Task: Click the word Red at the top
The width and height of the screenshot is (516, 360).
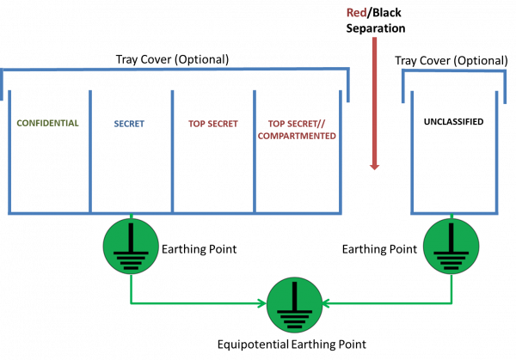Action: click(x=356, y=13)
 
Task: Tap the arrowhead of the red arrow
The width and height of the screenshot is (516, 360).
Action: click(x=374, y=167)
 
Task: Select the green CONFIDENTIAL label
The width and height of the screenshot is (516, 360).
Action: click(x=47, y=123)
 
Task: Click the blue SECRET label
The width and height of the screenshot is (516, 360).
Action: click(x=129, y=124)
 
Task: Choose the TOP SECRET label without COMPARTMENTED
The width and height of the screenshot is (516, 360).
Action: click(x=212, y=124)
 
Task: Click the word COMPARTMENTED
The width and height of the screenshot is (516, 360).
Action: click(x=297, y=136)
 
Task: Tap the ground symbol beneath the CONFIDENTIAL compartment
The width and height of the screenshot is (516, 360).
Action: click(x=131, y=246)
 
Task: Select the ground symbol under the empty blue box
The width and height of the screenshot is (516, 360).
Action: click(x=451, y=246)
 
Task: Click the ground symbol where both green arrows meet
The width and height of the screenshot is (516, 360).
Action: click(x=294, y=304)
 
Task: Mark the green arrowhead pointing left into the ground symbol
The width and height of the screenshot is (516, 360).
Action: click(x=328, y=303)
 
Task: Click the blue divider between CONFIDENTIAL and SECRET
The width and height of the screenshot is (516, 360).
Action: click(x=89, y=150)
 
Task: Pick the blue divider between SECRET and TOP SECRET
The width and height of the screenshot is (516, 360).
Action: click(x=172, y=150)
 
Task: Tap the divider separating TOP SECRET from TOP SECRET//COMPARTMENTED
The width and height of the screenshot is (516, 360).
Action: click(x=254, y=150)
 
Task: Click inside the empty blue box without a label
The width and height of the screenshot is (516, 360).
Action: click(x=454, y=150)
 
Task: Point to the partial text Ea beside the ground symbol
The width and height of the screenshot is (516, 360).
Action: click(x=166, y=249)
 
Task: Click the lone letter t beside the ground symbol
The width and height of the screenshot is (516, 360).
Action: click(x=414, y=249)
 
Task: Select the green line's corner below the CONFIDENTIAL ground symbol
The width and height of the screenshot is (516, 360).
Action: click(x=131, y=303)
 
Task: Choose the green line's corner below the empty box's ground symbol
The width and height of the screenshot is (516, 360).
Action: click(x=451, y=303)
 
